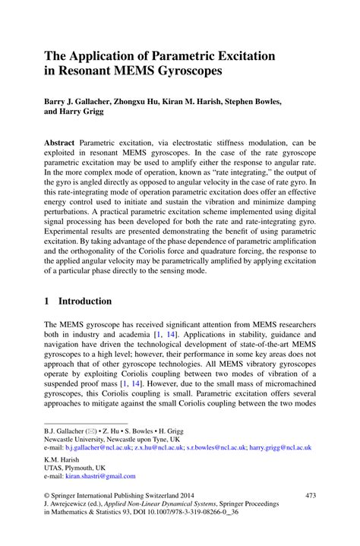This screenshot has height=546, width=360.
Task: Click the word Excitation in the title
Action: click(242, 55)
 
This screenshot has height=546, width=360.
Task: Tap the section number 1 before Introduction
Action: click(47, 301)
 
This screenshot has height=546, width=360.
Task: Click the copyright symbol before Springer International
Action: click(47, 495)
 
